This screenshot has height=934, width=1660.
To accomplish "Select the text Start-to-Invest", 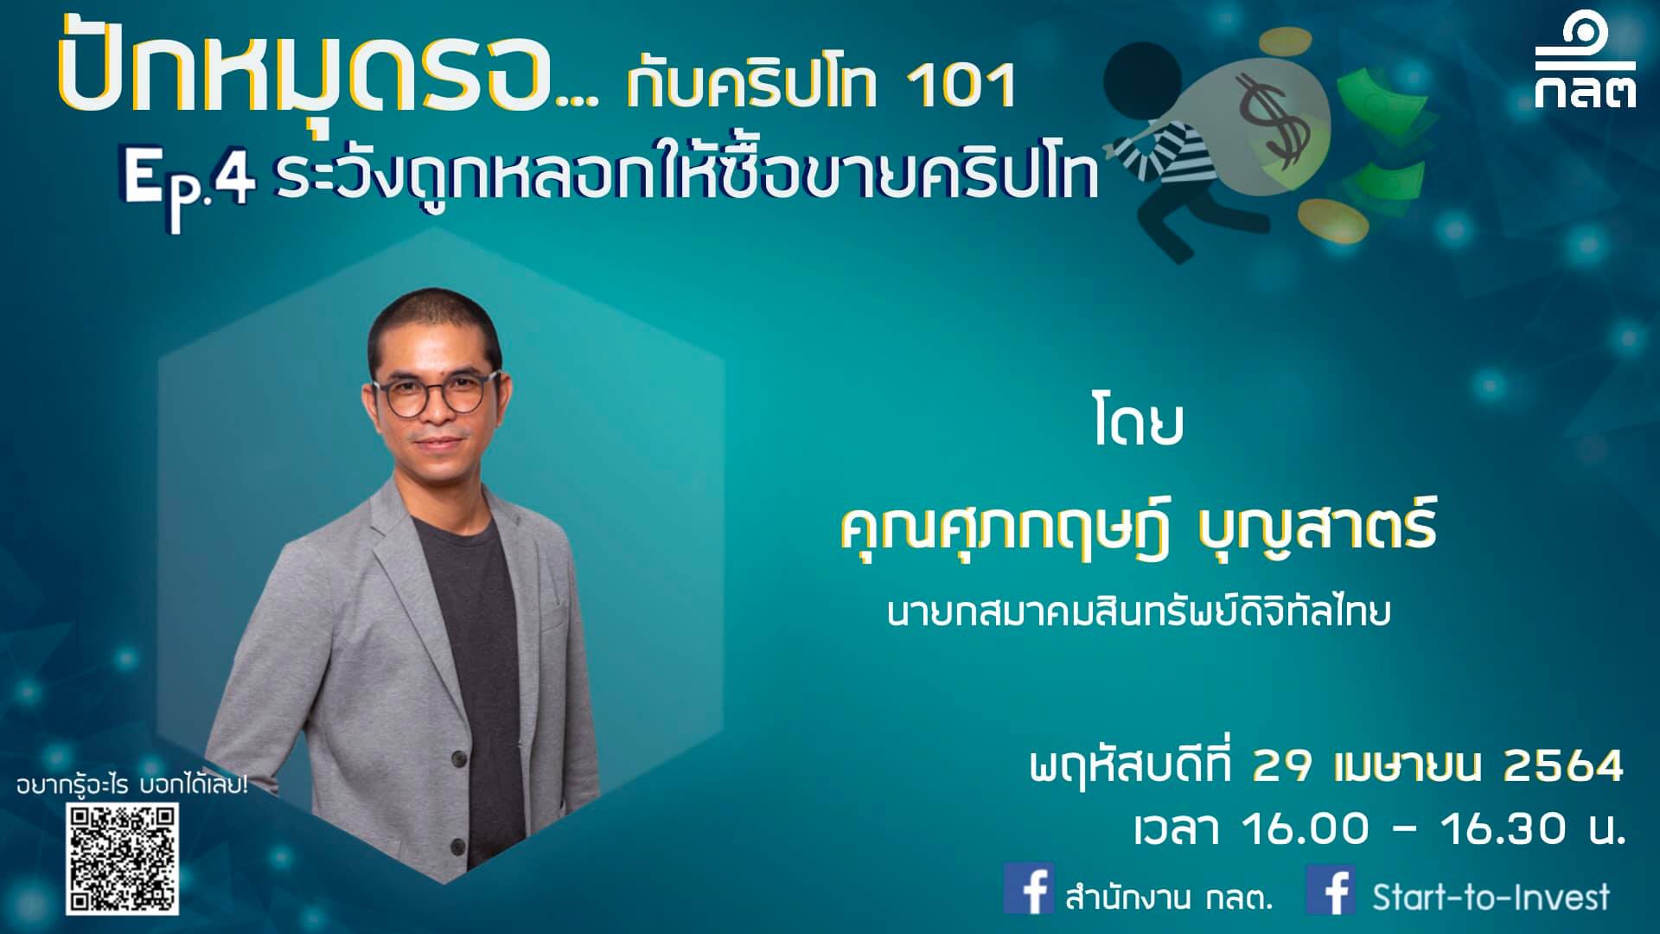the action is pos(1491,896).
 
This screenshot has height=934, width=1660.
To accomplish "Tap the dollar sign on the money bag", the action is pos(1273,121).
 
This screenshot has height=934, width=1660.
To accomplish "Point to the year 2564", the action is pos(1563,766).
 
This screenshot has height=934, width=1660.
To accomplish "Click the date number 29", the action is pos(1286,766).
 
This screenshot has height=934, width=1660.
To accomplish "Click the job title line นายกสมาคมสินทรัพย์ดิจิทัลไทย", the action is pos(1139,612).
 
